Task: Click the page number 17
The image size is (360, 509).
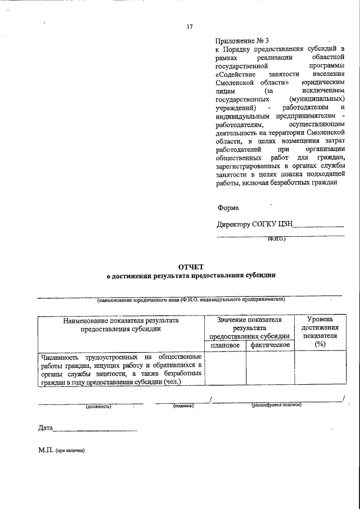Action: tap(190, 26)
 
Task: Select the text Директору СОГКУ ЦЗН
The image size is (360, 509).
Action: tap(255, 225)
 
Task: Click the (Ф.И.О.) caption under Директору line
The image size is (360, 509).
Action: tap(276, 239)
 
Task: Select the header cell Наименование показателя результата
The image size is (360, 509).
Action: tap(121, 325)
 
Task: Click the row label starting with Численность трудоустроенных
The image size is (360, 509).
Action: tap(121, 369)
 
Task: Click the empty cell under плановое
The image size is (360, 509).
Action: tap(225, 369)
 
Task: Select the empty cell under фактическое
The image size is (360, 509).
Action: tap(270, 369)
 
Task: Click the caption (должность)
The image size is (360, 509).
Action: tap(98, 406)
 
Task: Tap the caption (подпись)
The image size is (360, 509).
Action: tap(183, 406)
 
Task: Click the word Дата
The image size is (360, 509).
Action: tap(45, 429)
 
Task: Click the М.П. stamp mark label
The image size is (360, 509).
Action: tap(47, 451)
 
